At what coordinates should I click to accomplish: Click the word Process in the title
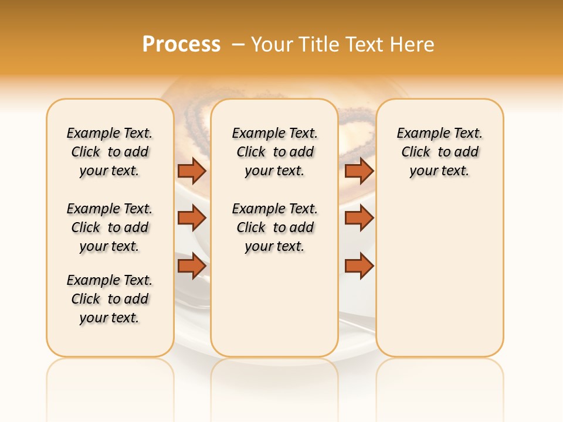click(181, 45)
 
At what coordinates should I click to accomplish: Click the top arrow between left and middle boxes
click(192, 171)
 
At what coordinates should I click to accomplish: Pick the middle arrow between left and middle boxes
click(192, 218)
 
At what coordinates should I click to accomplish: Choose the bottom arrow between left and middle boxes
click(192, 266)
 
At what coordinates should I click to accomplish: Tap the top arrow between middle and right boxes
click(359, 171)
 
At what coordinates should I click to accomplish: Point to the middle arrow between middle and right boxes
click(359, 218)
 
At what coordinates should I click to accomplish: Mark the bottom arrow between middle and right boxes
click(359, 266)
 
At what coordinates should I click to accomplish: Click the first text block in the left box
click(110, 152)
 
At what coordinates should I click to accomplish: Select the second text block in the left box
click(110, 227)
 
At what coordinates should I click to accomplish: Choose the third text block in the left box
click(110, 299)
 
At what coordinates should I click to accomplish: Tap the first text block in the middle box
click(274, 152)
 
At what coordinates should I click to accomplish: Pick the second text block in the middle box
click(274, 227)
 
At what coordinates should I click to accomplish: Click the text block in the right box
click(439, 152)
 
